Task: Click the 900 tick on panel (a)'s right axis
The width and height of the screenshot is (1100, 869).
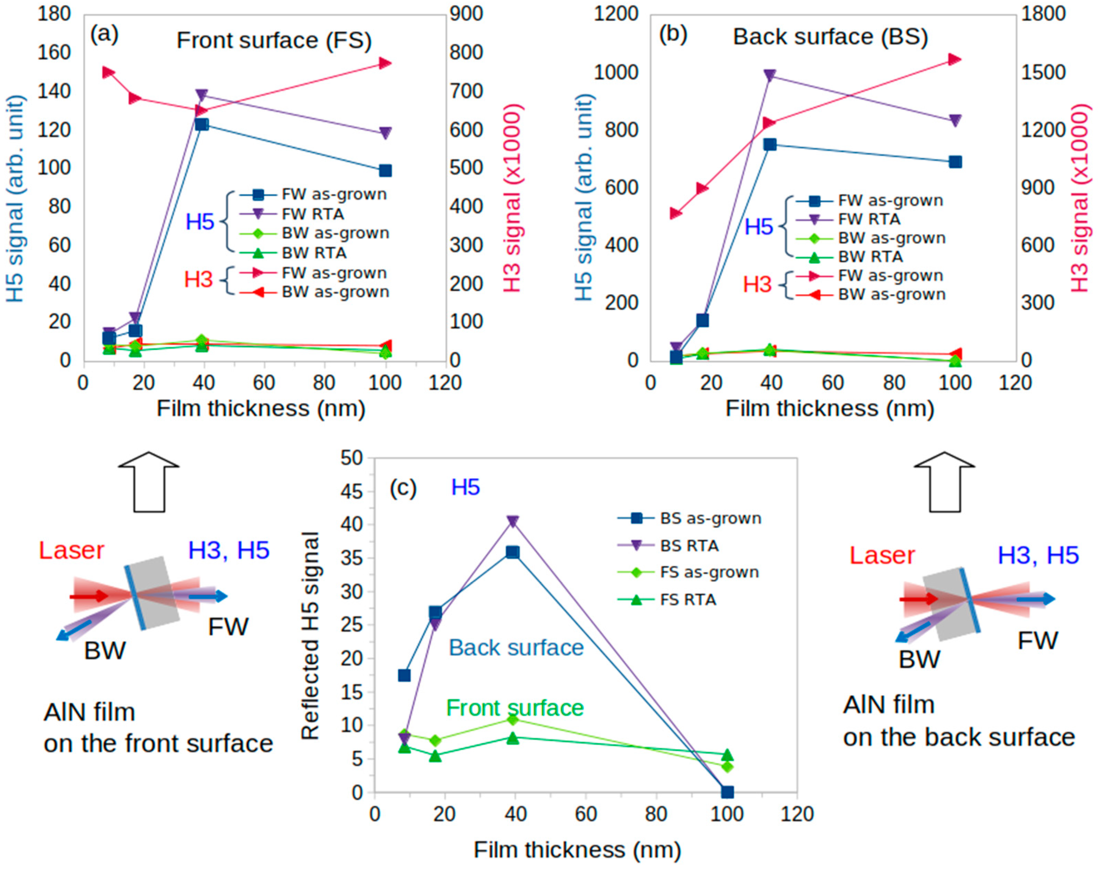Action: [x=466, y=14]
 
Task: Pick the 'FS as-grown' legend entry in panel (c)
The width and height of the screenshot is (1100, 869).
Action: [x=709, y=573]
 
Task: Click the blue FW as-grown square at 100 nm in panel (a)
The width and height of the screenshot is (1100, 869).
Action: [x=385, y=170]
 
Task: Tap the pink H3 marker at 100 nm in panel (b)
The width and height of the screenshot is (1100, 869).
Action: [x=955, y=59]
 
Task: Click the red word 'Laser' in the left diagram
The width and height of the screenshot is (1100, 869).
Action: [x=71, y=550]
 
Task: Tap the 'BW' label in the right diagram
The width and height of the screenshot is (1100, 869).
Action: [x=919, y=660]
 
